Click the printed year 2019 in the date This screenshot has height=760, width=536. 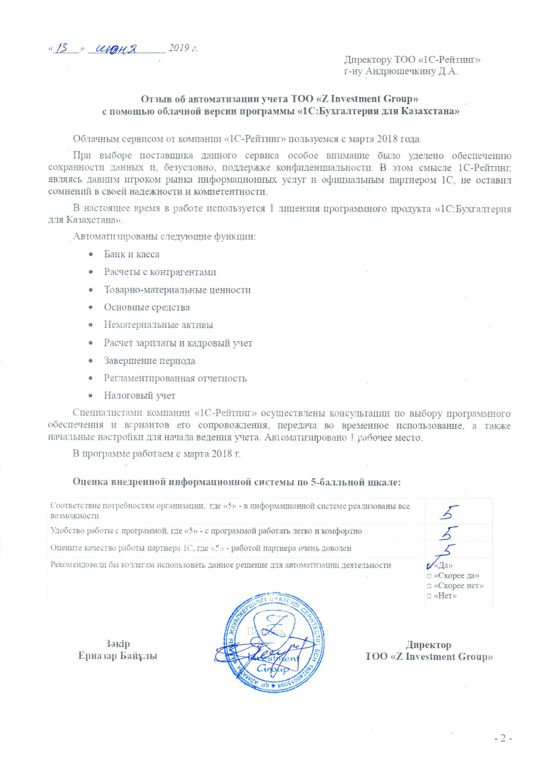[179, 48]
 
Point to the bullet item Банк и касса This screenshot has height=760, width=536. [131, 254]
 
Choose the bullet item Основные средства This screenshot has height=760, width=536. [147, 307]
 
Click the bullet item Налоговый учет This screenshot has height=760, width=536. [139, 396]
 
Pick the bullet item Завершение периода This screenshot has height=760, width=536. [149, 361]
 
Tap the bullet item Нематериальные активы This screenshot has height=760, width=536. [158, 325]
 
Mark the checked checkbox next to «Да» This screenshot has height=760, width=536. [430, 566]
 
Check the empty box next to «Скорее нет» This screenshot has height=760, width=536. [429, 586]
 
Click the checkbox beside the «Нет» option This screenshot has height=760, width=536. [429, 596]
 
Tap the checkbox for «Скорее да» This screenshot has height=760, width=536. [429, 576]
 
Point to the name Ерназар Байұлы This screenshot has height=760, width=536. [117, 656]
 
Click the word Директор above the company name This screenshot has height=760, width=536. [428, 645]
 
